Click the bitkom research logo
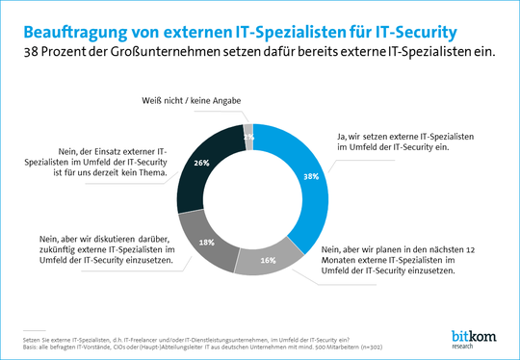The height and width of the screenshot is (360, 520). (x=472, y=337)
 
